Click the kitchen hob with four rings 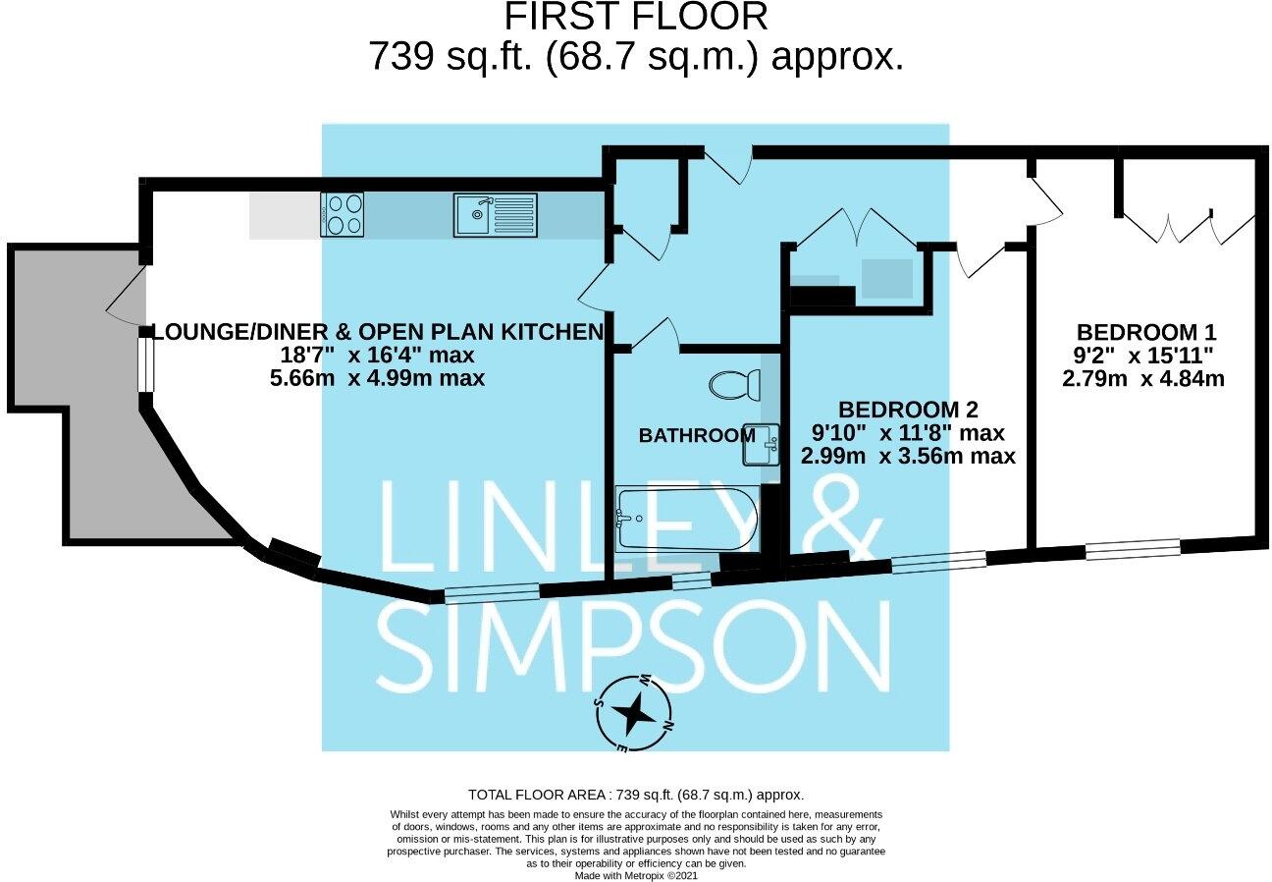tap(342, 214)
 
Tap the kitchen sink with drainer tap(495, 214)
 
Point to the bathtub tap(686, 520)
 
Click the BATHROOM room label tap(696, 434)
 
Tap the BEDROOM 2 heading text tap(907, 409)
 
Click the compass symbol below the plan tap(634, 713)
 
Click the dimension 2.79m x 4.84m tap(1142, 377)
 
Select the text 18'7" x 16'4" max tap(378, 355)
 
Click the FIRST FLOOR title tap(635, 17)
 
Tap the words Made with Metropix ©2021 tap(636, 875)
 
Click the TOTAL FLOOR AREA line tap(636, 795)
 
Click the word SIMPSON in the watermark tap(634, 647)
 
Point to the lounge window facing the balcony tap(145, 363)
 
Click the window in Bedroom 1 tap(1132, 549)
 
